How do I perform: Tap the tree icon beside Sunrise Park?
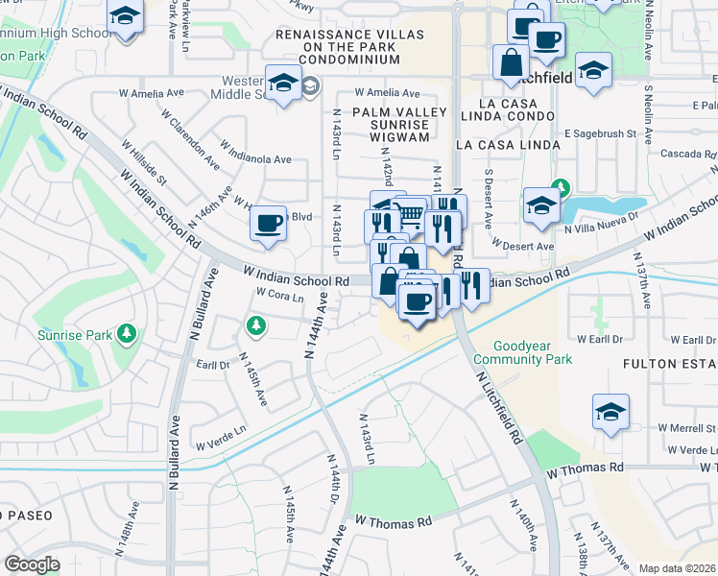coord(127,335)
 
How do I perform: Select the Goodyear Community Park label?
coord(533,352)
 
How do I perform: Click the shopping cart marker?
coord(410,212)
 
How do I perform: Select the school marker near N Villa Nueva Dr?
coord(541,204)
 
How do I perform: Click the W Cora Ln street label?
coord(279,295)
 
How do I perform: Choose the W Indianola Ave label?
coord(255,154)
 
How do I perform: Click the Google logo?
coord(32,564)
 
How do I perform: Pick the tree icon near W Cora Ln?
coord(255,326)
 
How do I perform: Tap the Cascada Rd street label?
coord(687,154)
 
